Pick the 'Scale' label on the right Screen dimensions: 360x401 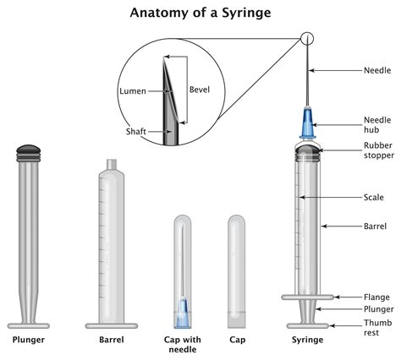tap(373, 197)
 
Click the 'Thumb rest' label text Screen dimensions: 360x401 tap(376, 326)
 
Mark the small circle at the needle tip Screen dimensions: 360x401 tap(306, 38)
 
